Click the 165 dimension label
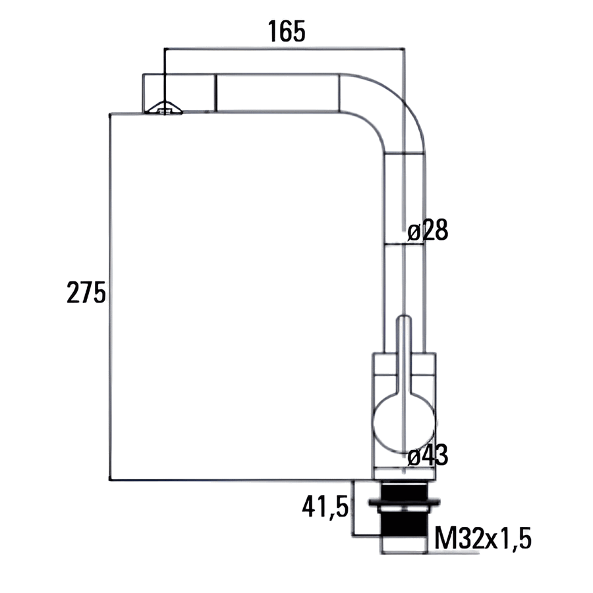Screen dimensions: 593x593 287,31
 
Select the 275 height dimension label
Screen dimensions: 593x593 86,293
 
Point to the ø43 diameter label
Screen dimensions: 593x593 428,455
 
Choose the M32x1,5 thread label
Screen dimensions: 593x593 483,538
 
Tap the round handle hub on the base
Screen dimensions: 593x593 404,423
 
